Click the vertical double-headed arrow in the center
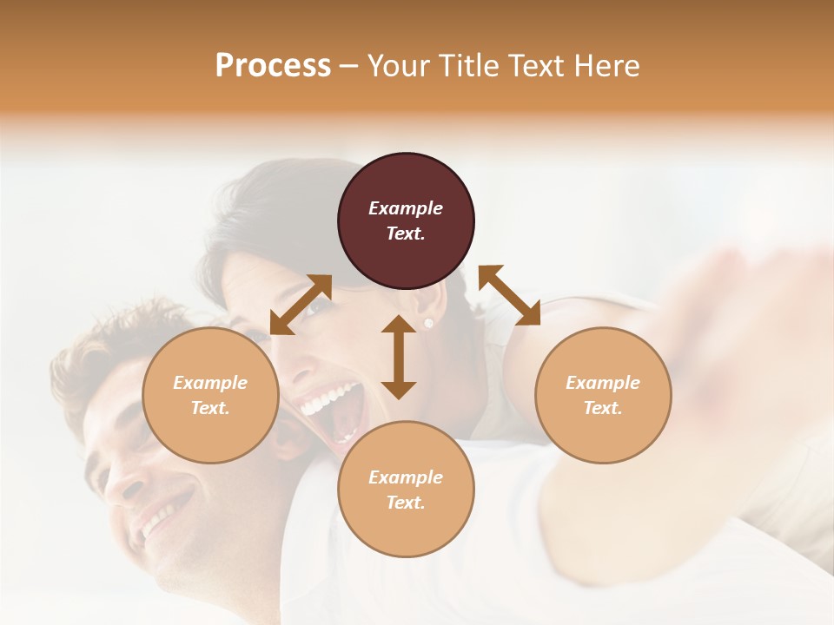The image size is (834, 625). [x=399, y=357]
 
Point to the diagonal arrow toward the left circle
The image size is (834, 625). [x=301, y=305]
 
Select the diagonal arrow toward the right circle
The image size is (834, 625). [x=509, y=295]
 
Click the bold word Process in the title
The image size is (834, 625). [x=273, y=65]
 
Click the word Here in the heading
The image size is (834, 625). [x=608, y=65]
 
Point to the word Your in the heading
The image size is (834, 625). [x=398, y=65]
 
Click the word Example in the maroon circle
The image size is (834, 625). [x=406, y=208]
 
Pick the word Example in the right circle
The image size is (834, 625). [x=603, y=383]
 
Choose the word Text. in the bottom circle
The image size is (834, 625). [x=406, y=503]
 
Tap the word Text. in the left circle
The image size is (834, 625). [x=210, y=408]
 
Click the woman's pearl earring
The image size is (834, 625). [x=427, y=324]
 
